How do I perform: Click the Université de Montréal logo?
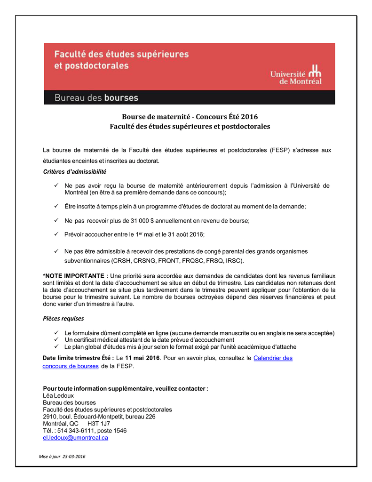point(296,73)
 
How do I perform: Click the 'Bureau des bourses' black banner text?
point(96,98)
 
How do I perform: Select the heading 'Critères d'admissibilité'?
point(74,172)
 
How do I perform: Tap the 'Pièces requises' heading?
point(63,318)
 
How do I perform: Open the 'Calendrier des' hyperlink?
point(273,358)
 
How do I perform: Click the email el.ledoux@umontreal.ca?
point(75,437)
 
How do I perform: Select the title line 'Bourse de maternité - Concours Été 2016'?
point(190,117)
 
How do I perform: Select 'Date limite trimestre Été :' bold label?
point(79,358)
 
